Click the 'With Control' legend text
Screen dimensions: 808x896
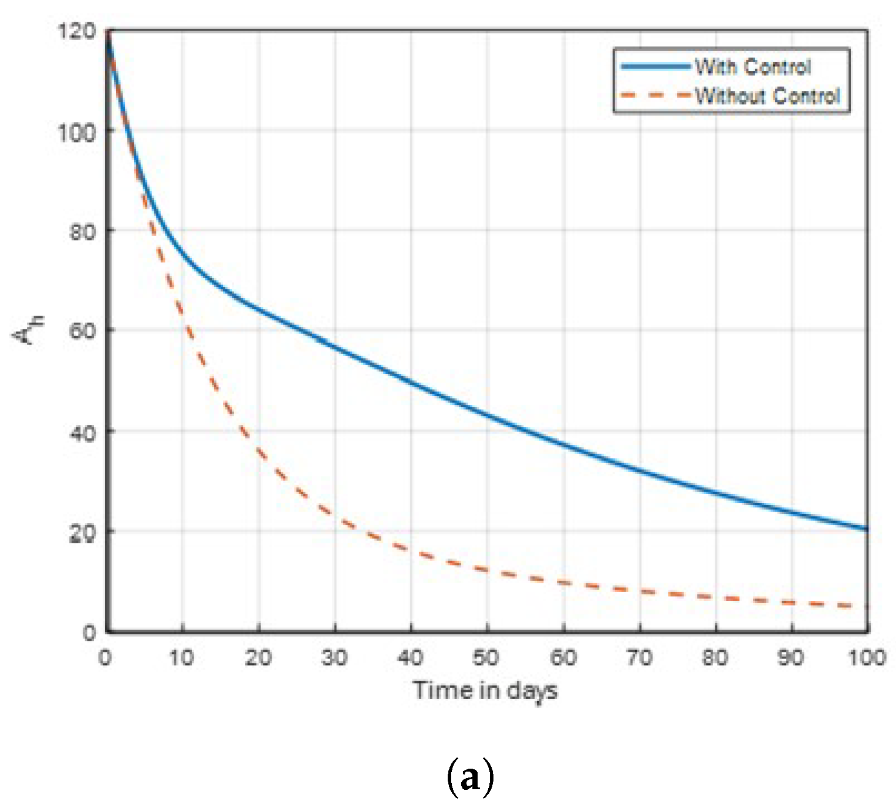[753, 67]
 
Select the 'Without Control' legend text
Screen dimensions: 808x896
[767, 95]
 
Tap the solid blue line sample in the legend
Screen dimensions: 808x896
[656, 67]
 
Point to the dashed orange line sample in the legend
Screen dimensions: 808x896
[656, 95]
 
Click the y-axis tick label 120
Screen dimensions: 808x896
[76, 31]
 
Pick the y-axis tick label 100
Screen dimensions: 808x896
[76, 132]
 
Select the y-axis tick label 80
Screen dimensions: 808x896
[82, 232]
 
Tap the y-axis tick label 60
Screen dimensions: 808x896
[82, 331]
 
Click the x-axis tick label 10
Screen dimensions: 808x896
[181, 658]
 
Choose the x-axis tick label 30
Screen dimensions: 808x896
[334, 658]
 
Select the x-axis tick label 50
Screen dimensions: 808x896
[486, 658]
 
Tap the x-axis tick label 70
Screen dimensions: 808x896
[639, 658]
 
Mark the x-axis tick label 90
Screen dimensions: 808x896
[791, 658]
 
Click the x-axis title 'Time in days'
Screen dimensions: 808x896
[485, 691]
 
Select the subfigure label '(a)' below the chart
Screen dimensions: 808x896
[470, 777]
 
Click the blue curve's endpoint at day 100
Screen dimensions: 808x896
[867, 529]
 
